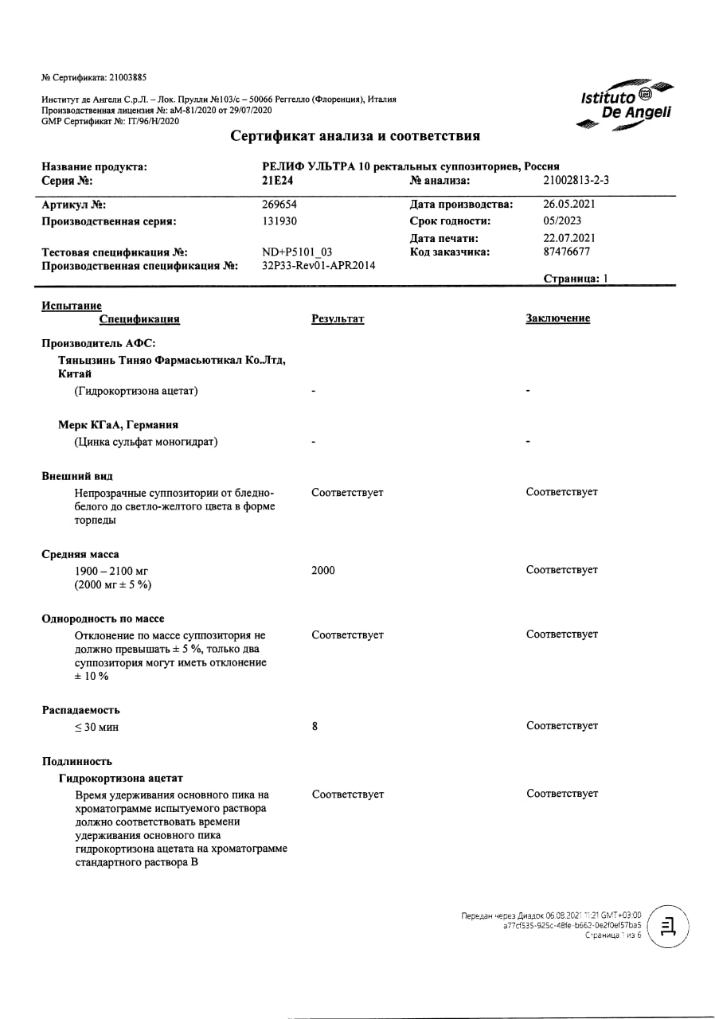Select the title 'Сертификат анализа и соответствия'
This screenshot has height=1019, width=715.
click(355, 136)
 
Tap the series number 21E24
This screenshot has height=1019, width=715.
click(278, 180)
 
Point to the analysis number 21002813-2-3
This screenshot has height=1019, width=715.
click(576, 180)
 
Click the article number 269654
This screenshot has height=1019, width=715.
click(279, 204)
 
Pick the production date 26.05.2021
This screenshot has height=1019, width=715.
click(569, 204)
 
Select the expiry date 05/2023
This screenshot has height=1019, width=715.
click(562, 221)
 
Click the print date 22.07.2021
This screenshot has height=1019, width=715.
click(569, 237)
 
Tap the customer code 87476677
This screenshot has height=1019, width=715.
click(567, 252)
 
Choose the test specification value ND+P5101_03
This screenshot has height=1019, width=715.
click(297, 252)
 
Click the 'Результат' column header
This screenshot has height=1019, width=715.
click(338, 318)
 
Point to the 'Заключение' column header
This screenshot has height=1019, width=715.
click(557, 318)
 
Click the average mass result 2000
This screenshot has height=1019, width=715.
click(323, 571)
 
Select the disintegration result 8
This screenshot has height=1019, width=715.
click(315, 726)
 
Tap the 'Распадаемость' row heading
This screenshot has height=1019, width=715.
click(81, 710)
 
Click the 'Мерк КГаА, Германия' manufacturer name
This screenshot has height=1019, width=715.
click(118, 425)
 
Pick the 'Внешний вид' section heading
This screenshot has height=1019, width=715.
click(77, 476)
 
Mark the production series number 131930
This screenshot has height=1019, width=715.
click(279, 221)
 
